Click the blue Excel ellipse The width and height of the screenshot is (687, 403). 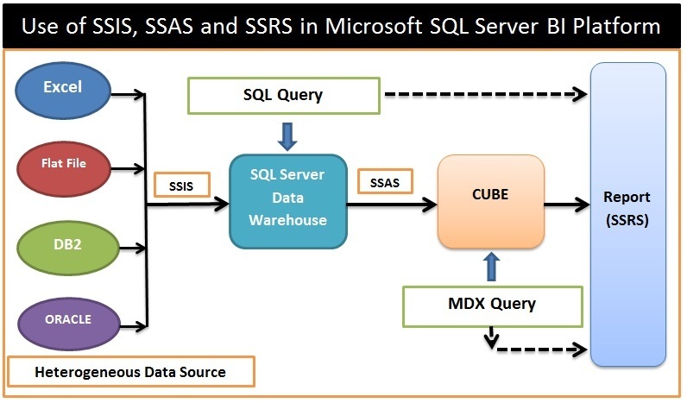click(64, 88)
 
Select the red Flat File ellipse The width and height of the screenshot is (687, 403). click(64, 163)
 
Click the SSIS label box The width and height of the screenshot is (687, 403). click(181, 185)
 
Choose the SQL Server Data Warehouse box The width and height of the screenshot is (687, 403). click(287, 198)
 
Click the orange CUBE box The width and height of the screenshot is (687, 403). click(491, 199)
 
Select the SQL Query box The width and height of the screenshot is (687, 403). click(283, 95)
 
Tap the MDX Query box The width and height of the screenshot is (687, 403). click(493, 304)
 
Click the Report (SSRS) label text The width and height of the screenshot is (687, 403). click(627, 209)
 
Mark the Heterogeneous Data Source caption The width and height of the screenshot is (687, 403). click(130, 373)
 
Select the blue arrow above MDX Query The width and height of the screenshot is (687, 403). click(492, 267)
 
